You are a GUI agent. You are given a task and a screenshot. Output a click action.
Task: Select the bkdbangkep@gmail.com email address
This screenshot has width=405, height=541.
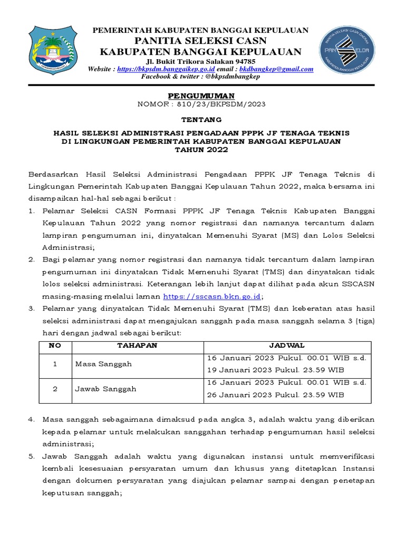point(276,69)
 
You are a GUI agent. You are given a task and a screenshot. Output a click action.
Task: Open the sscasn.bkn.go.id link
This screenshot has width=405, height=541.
point(212,297)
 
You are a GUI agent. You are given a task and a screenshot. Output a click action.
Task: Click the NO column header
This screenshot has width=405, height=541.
point(55,346)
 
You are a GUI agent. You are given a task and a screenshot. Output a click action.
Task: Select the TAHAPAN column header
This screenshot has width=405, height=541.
point(137,346)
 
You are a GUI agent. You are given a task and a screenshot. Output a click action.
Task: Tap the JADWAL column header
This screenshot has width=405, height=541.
point(287,346)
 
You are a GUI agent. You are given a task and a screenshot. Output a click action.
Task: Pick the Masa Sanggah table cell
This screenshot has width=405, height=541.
point(103,364)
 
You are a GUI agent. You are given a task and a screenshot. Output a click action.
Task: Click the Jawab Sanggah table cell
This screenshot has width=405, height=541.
point(105,389)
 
